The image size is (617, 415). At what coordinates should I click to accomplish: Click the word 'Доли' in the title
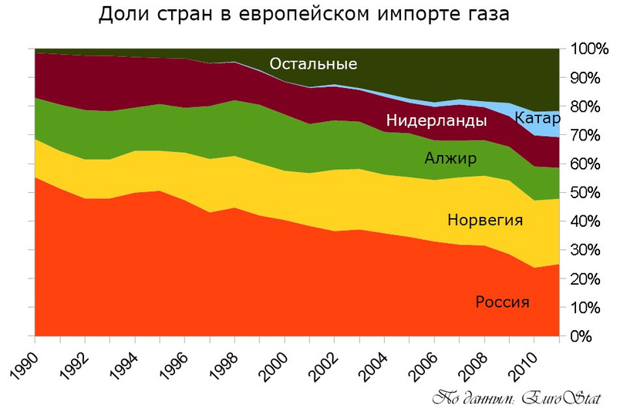coord(123,15)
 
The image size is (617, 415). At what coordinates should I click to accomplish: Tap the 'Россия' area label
coord(502,302)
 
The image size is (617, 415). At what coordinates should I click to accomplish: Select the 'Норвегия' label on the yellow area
coord(485,221)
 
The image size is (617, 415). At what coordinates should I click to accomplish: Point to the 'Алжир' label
coord(450,160)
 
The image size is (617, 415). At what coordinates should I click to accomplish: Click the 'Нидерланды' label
coord(437,121)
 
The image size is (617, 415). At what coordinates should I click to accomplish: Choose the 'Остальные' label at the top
coord(313,64)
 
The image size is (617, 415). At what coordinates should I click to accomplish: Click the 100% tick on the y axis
coord(590,49)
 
